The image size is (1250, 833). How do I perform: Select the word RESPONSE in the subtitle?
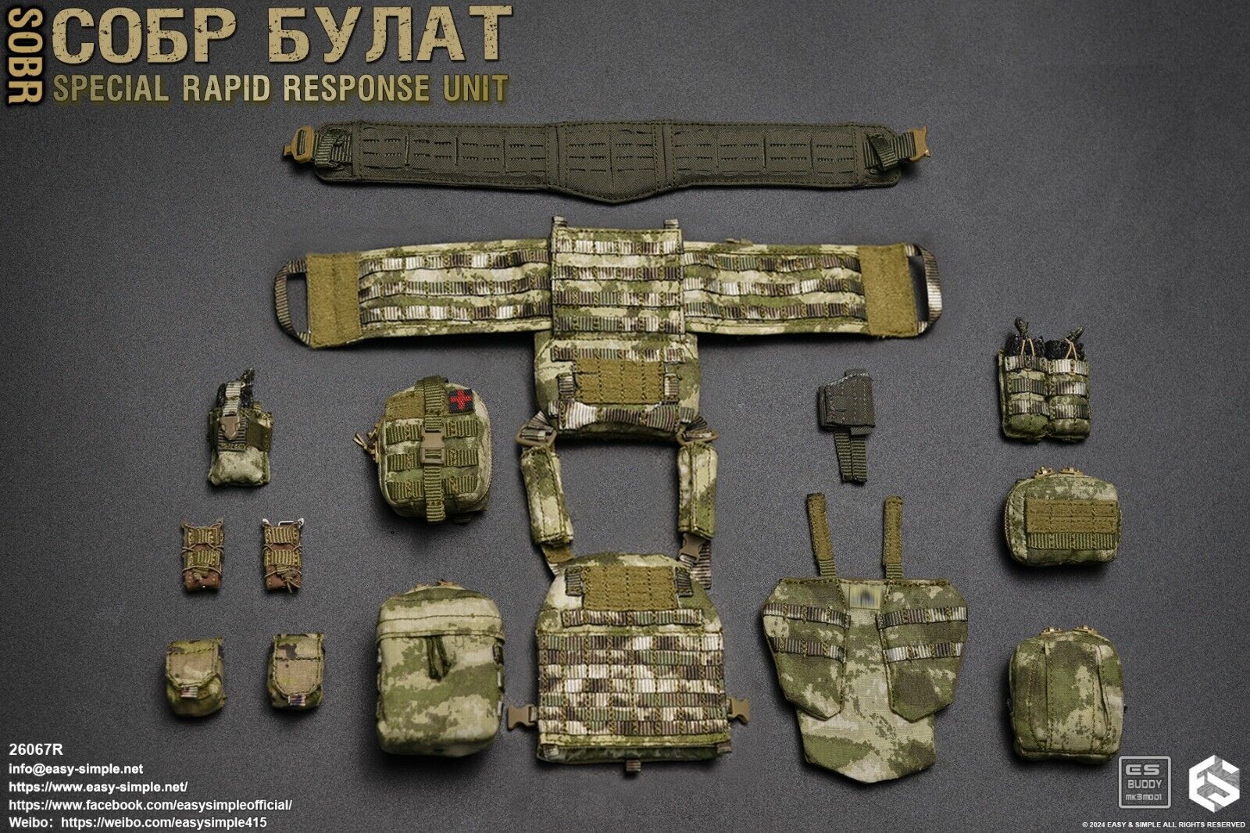(355, 88)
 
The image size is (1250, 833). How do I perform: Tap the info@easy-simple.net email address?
(77, 770)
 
